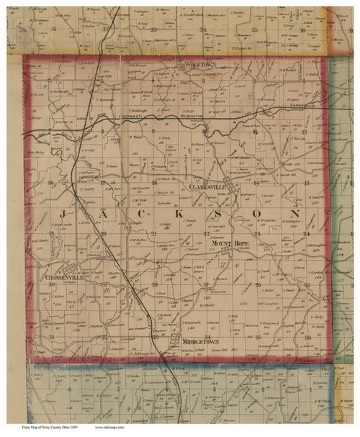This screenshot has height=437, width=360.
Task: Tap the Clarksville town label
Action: [x=208, y=187]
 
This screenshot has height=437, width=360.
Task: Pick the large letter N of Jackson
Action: [x=294, y=215]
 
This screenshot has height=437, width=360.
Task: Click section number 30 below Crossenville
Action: [x=51, y=285]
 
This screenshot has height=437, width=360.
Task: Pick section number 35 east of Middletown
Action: [x=257, y=336]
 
